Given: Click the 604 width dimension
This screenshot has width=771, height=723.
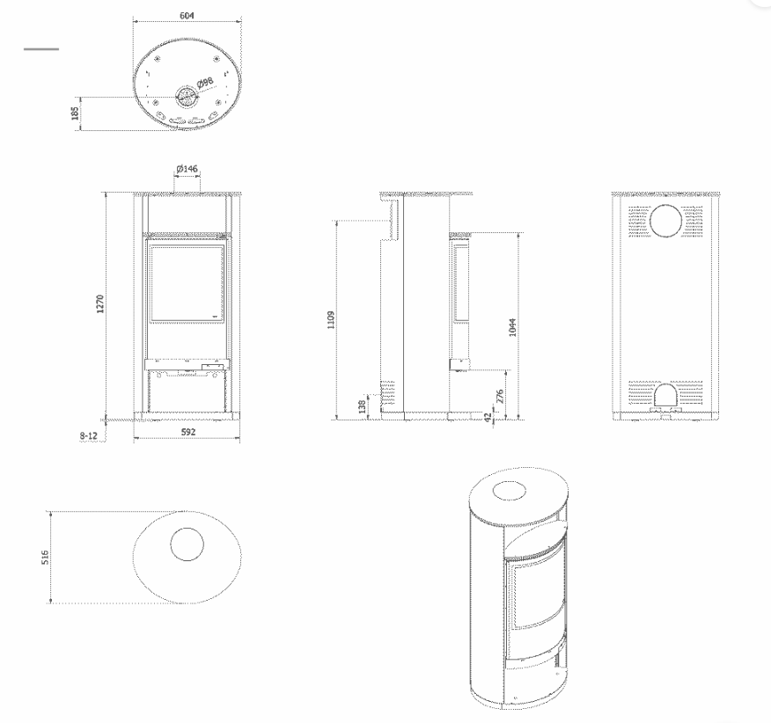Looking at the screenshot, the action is tap(187, 16).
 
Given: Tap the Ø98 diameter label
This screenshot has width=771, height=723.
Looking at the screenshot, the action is tap(206, 82).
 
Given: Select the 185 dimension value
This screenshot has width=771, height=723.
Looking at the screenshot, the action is tap(75, 113).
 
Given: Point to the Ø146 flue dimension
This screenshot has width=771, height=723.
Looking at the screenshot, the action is tap(187, 169).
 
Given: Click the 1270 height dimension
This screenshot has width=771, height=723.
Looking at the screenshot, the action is tap(100, 303).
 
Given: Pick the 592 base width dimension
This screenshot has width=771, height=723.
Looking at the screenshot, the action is tap(187, 432).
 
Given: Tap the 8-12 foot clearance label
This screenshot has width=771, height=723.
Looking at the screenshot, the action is tap(89, 435).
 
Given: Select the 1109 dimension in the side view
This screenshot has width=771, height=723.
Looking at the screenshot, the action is tap(331, 319).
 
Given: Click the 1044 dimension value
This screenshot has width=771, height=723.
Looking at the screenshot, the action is tap(512, 327).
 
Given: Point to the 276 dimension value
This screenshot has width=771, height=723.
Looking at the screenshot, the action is tap(500, 396).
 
